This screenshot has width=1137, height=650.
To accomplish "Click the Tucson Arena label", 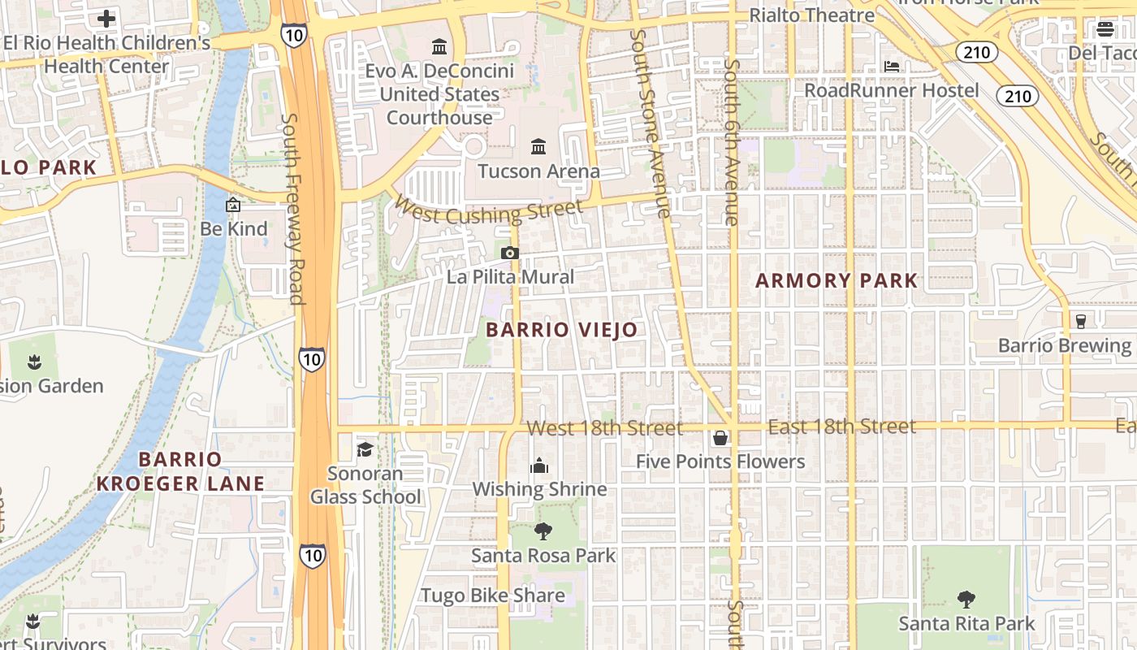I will click(x=538, y=171).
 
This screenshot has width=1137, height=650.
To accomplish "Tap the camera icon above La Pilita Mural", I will click(x=510, y=253).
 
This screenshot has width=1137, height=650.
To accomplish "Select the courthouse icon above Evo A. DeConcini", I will click(x=439, y=45).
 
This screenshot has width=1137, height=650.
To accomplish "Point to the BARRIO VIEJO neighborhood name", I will click(x=562, y=330).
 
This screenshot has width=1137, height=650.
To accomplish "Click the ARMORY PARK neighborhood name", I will click(x=837, y=281).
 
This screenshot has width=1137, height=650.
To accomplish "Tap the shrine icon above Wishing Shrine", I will click(x=539, y=466).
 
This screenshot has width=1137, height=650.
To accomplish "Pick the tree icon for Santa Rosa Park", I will click(x=543, y=532).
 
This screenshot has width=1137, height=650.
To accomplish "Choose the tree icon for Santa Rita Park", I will click(x=966, y=600).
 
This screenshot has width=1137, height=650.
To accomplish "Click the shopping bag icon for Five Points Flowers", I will click(x=720, y=439).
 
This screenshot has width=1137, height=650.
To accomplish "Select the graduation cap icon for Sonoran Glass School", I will click(x=365, y=449).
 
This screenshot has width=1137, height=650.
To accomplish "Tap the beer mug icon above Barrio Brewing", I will click(x=1080, y=321).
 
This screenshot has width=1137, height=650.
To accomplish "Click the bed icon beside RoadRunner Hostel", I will click(x=892, y=67).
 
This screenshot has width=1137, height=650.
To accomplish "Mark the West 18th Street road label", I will click(x=604, y=427).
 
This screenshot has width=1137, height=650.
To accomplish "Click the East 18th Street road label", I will click(x=841, y=427).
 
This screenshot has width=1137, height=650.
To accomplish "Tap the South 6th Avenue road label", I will click(x=732, y=142).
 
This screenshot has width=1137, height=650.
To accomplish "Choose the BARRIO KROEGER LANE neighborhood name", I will click(x=180, y=471).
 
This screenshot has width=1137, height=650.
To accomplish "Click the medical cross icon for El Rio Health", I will click(x=106, y=19).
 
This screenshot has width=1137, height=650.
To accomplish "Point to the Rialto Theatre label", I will click(x=811, y=15).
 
